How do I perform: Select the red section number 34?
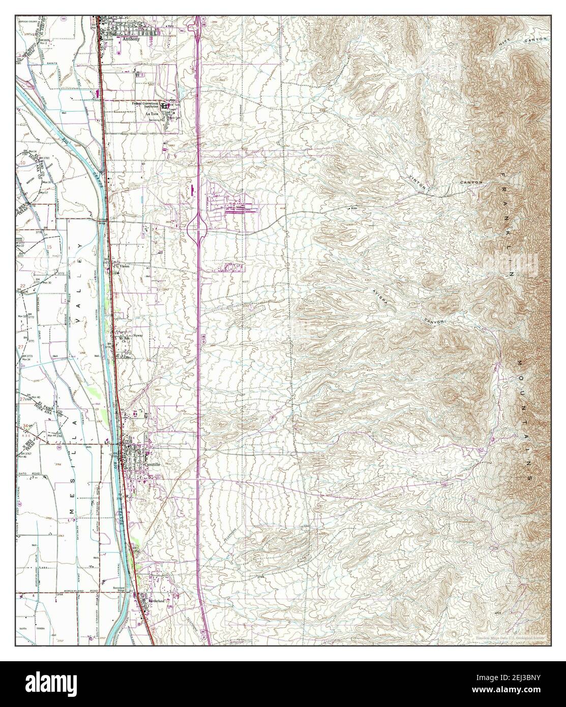click(24, 424)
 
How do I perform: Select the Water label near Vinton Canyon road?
click(355, 208)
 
